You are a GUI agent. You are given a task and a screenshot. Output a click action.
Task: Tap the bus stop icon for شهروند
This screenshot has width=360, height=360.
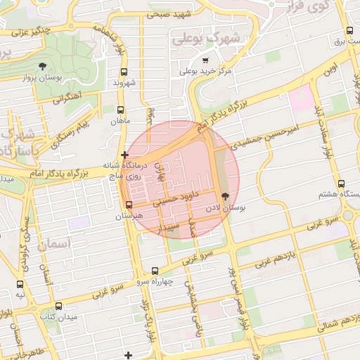pyautogui.click(x=124, y=72)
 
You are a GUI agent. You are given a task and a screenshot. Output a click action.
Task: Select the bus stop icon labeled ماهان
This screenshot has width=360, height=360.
pyautogui.click(x=120, y=110)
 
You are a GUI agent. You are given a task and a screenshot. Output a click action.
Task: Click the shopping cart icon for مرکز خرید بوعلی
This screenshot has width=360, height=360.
pyautogui.click(x=205, y=60)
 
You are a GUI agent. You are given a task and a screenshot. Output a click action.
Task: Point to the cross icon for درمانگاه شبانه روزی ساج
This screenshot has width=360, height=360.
pyautogui.click(x=124, y=155)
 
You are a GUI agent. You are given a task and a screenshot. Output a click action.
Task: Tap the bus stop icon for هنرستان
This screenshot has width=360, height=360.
pyautogui.click(x=128, y=205)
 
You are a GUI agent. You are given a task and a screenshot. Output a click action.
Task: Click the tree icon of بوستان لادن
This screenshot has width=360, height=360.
pyautogui.click(x=225, y=197)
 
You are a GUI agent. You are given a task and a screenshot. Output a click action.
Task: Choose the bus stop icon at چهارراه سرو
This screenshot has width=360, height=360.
pyautogui.click(x=155, y=271)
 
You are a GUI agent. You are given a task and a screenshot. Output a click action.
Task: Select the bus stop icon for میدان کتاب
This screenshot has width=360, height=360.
pyautogui.click(x=58, y=307)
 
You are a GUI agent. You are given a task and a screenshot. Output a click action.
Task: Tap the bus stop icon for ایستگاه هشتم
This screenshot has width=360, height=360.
pyautogui.click(x=341, y=184)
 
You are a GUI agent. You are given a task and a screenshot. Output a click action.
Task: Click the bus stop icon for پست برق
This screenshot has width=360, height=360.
pyautogui.click(x=350, y=31)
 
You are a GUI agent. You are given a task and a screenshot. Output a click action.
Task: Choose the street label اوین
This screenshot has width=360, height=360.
pyautogui.click(x=330, y=71)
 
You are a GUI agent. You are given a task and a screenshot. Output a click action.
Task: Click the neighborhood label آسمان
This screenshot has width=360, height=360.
pyautogui.click(x=57, y=244)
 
